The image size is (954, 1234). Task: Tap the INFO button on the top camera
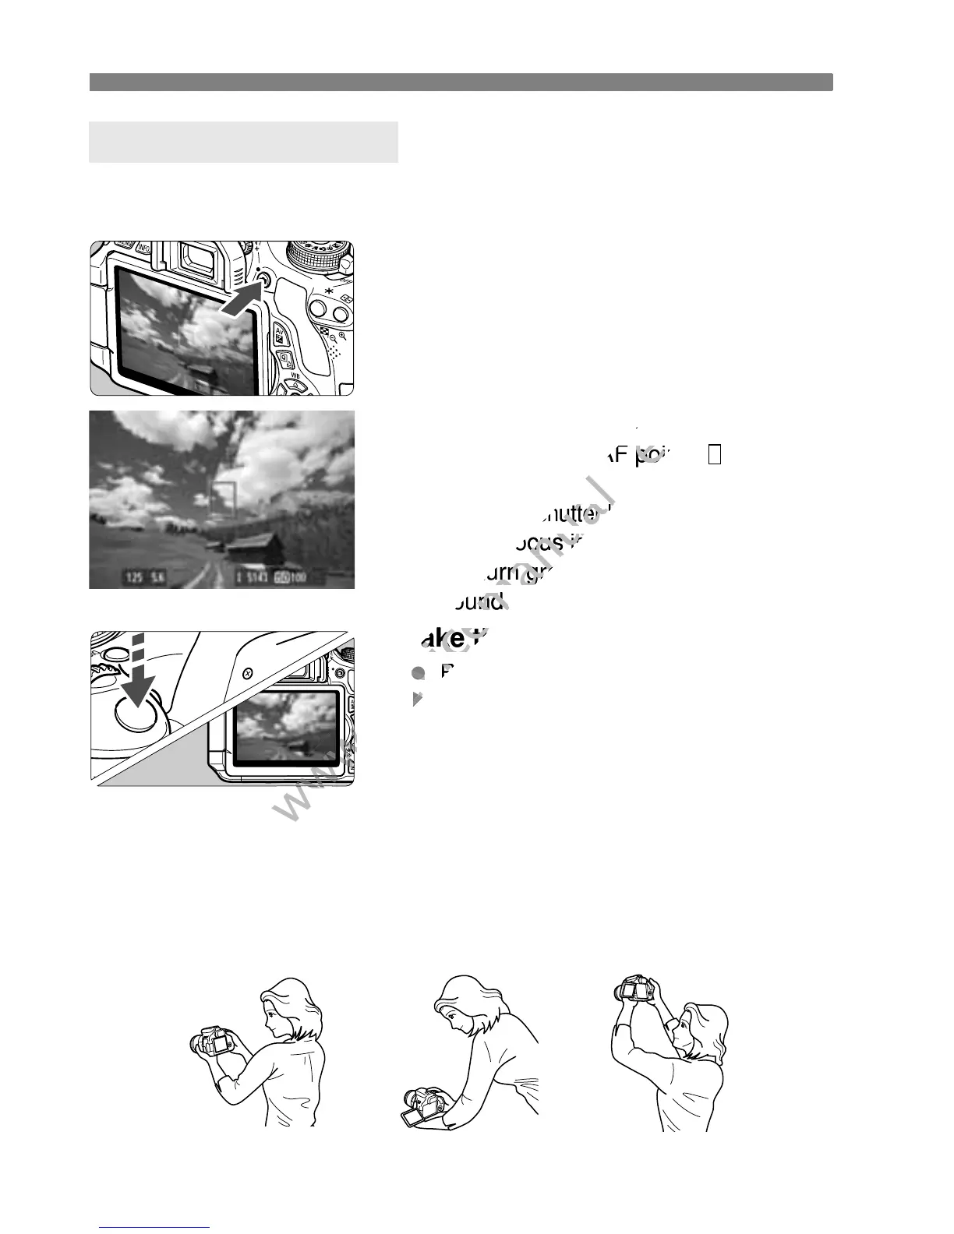pos(144,249)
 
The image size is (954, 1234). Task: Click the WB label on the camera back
pos(295,375)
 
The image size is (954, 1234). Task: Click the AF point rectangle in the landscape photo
pos(223,499)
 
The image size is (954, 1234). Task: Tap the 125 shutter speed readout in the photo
pos(134,578)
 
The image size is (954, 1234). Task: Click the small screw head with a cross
pos(247,672)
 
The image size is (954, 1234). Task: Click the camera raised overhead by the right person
pos(636,989)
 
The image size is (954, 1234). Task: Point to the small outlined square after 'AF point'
pos(715,455)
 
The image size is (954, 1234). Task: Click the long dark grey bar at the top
pos(461,82)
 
